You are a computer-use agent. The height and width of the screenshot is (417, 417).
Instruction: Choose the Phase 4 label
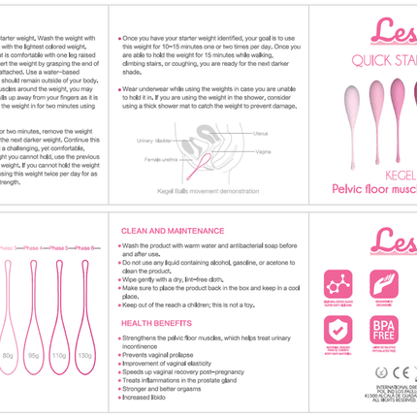pyautogui.click(x=37, y=249)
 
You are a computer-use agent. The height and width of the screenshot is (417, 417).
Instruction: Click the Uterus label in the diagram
pyautogui.click(x=259, y=133)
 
